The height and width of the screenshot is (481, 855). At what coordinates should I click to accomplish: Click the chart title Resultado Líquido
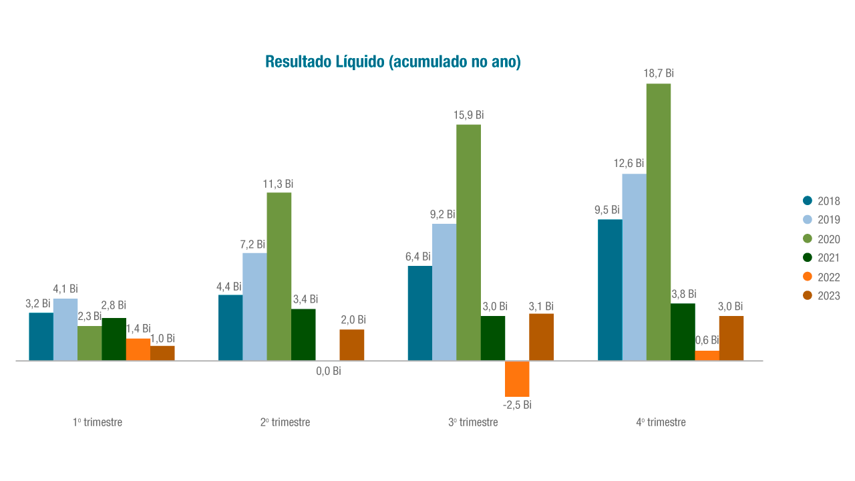click(393, 61)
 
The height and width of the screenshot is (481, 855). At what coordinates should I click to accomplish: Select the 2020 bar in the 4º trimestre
click(659, 222)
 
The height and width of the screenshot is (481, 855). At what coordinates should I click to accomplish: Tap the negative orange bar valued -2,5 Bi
click(517, 378)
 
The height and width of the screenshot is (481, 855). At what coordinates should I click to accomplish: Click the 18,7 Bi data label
click(659, 73)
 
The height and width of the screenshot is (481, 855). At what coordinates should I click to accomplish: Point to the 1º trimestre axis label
click(98, 422)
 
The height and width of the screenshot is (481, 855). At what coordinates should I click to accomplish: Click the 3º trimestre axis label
click(473, 422)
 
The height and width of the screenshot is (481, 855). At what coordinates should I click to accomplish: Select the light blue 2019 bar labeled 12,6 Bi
click(634, 267)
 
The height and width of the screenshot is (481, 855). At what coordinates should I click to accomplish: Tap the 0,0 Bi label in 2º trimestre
click(328, 371)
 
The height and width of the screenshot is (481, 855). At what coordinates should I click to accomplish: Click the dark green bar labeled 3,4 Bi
click(303, 335)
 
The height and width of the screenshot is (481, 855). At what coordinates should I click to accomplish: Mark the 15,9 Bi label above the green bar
click(470, 115)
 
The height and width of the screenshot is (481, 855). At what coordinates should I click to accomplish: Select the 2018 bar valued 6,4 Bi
click(420, 313)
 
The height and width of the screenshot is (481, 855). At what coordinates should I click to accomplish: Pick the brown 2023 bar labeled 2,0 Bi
click(352, 345)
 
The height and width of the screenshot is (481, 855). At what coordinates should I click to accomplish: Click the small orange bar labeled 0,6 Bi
click(707, 355)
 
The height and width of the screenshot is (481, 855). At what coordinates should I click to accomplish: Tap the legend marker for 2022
click(807, 277)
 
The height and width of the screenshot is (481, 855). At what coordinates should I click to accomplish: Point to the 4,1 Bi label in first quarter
click(65, 289)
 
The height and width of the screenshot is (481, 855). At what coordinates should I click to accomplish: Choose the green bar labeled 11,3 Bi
click(279, 277)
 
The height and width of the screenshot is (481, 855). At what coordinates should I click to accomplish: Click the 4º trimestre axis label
click(661, 422)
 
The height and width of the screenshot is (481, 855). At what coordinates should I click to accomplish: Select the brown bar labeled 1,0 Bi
click(162, 353)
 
